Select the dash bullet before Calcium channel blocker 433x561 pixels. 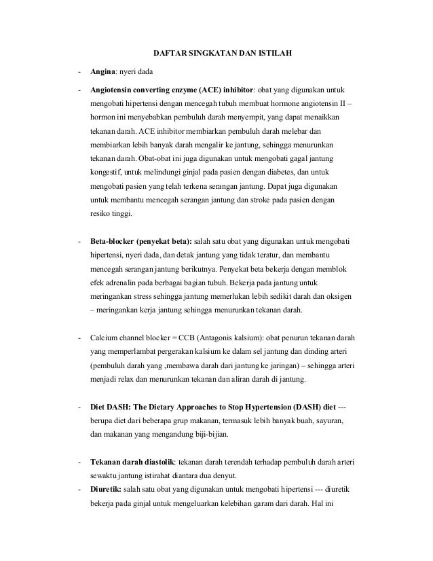point(80,338)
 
